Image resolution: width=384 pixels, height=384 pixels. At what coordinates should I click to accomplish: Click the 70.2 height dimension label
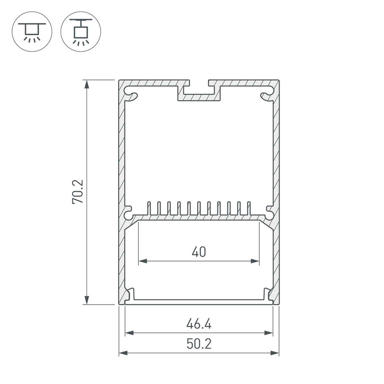(x=77, y=191)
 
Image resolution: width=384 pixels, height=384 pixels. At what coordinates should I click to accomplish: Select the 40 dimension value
(x=199, y=252)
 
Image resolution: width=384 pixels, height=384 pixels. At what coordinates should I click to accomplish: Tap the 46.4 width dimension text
(x=199, y=324)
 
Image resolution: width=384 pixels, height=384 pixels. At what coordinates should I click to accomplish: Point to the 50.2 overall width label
(x=199, y=344)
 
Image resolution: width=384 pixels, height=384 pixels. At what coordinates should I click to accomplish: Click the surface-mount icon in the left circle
(x=32, y=32)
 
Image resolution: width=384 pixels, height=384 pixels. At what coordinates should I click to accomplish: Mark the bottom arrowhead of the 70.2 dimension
(x=86, y=300)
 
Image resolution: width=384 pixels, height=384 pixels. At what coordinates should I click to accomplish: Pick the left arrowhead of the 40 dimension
(x=143, y=261)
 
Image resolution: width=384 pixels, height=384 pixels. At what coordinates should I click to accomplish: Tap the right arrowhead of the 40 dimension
(x=255, y=261)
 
